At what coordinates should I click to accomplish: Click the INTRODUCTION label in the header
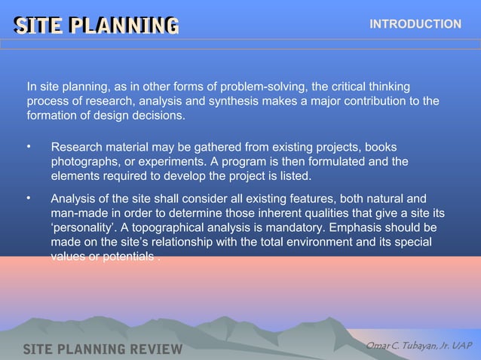pyautogui.click(x=415, y=24)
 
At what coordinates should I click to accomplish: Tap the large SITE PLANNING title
pyautogui.click(x=97, y=26)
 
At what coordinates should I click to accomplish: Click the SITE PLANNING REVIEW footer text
pyautogui.click(x=103, y=349)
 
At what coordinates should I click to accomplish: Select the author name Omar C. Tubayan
pyautogui.click(x=418, y=345)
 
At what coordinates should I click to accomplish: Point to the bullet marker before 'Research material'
pyautogui.click(x=28, y=145)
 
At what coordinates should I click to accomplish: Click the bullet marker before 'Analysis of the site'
pyautogui.click(x=28, y=198)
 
